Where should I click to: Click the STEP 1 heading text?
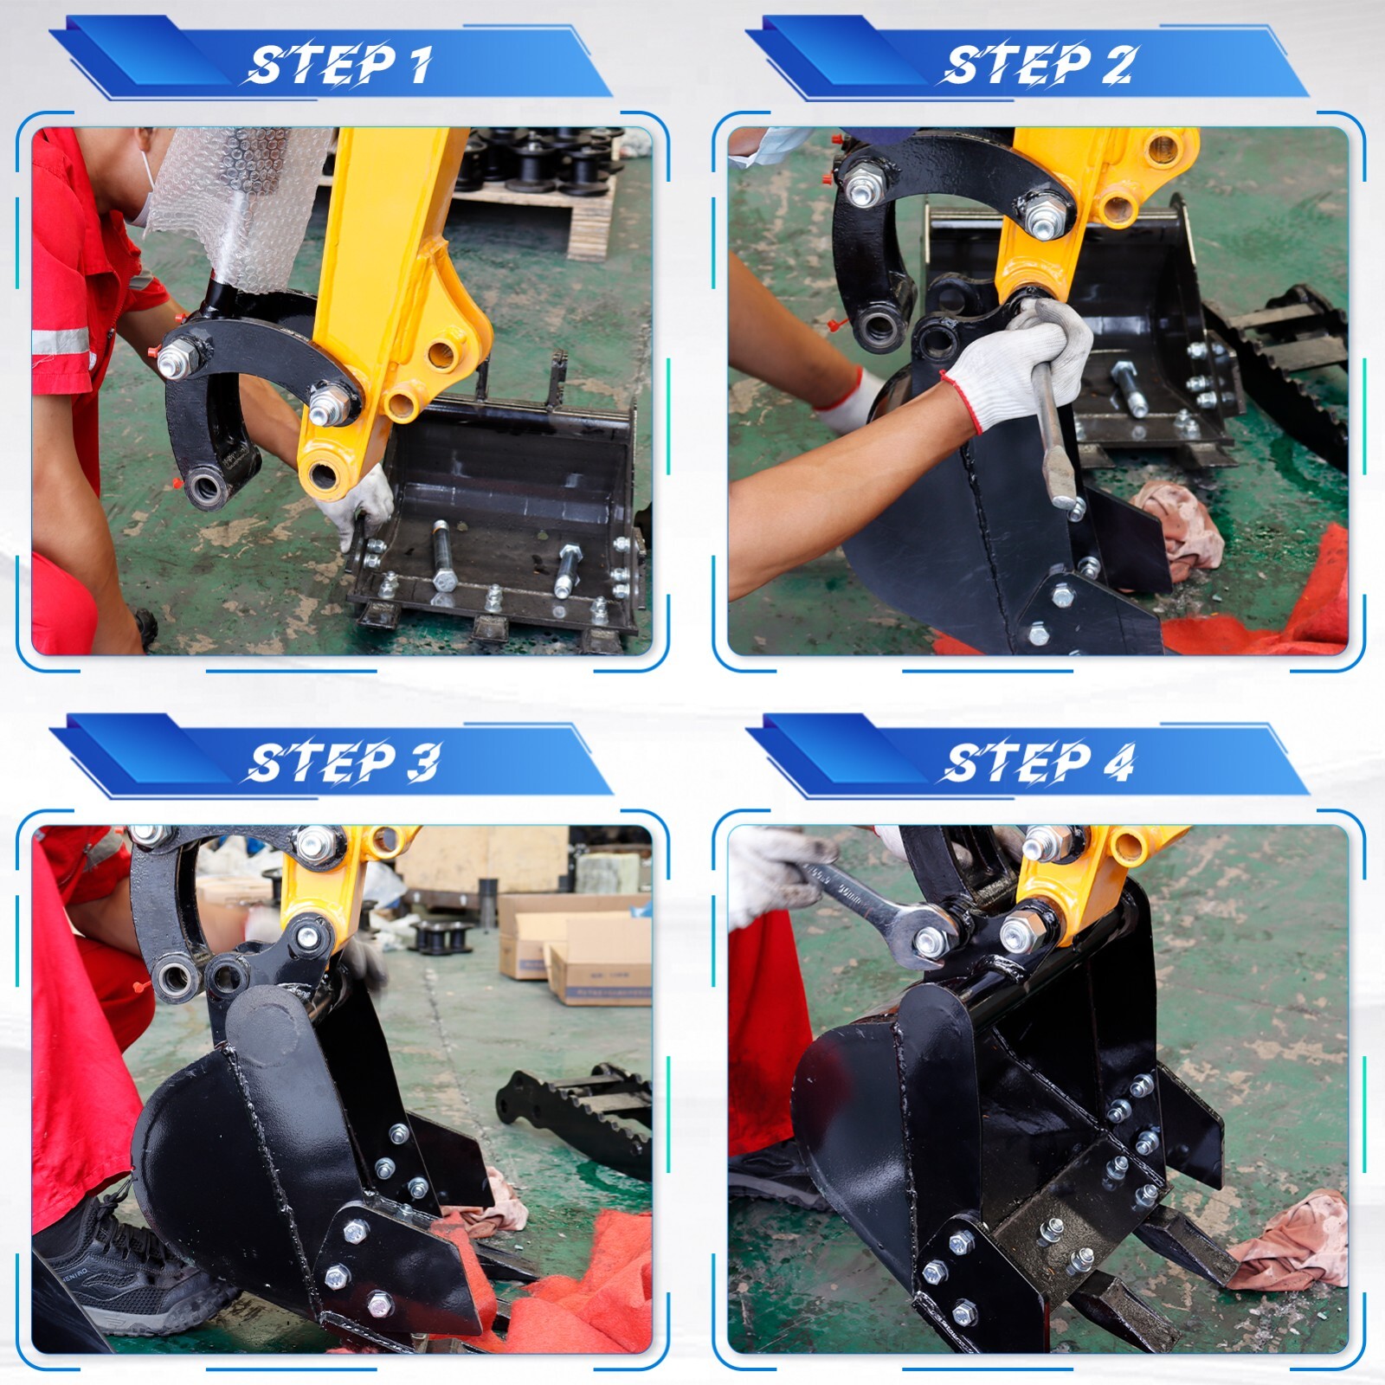tap(340, 65)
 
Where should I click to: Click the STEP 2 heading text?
tap(1037, 65)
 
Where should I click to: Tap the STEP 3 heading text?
tap(343, 763)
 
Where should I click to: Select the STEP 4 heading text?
tap(1038, 763)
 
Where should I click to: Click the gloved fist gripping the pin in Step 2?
tap(1030, 359)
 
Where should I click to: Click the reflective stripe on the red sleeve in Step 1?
tap(61, 342)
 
